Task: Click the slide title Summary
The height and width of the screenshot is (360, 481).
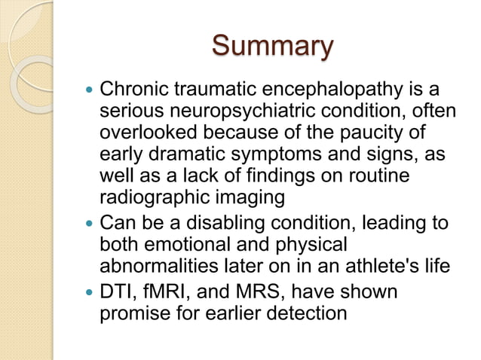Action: (272, 46)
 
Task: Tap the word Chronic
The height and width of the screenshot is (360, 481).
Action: (133, 92)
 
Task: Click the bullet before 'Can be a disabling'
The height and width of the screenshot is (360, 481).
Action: (90, 224)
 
